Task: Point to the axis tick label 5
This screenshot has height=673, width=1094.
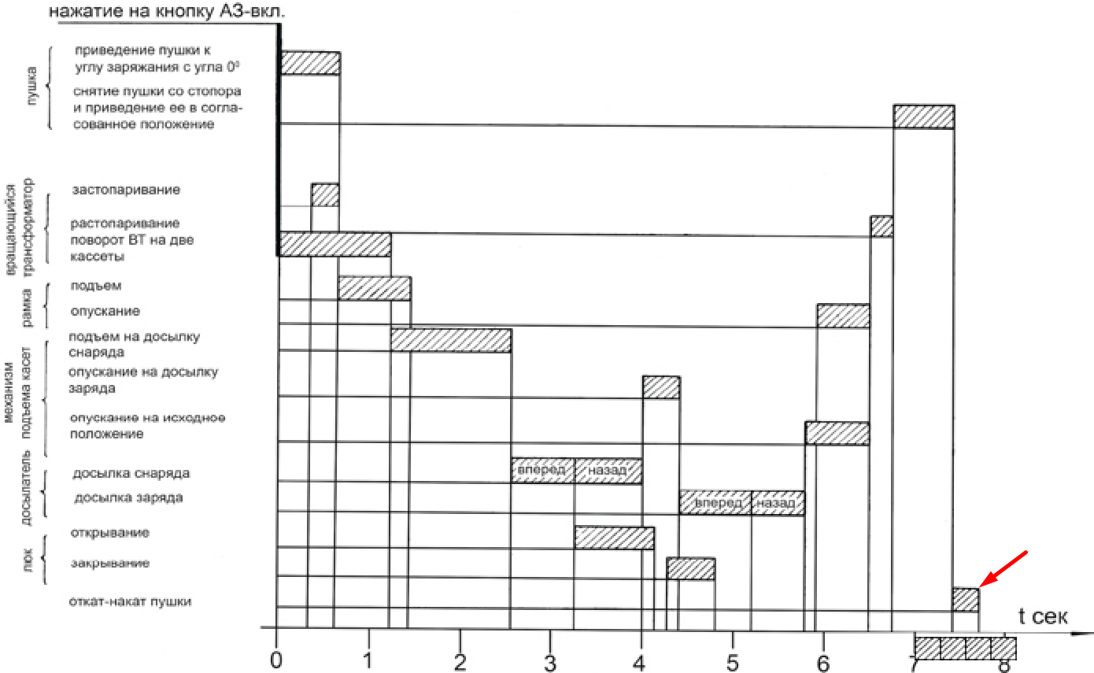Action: pyautogui.click(x=732, y=660)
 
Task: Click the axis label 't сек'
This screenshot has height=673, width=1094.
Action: pyautogui.click(x=1043, y=616)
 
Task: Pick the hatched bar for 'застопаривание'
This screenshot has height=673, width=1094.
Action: pyautogui.click(x=325, y=194)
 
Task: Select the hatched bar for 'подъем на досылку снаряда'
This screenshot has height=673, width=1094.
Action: pyautogui.click(x=451, y=340)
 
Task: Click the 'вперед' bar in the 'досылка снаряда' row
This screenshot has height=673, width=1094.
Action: pyautogui.click(x=542, y=471)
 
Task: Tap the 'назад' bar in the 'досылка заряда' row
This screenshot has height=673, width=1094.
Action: pyautogui.click(x=778, y=503)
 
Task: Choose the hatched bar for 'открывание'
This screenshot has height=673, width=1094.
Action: pyautogui.click(x=614, y=538)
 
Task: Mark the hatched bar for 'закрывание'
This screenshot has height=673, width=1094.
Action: pyautogui.click(x=690, y=568)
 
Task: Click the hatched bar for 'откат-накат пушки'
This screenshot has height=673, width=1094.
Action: pyautogui.click(x=965, y=600)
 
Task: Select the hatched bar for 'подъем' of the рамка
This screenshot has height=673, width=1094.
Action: pyautogui.click(x=374, y=288)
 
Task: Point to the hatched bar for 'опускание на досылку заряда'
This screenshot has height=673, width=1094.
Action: pyautogui.click(x=661, y=387)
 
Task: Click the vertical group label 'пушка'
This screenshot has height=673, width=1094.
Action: pyautogui.click(x=31, y=87)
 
